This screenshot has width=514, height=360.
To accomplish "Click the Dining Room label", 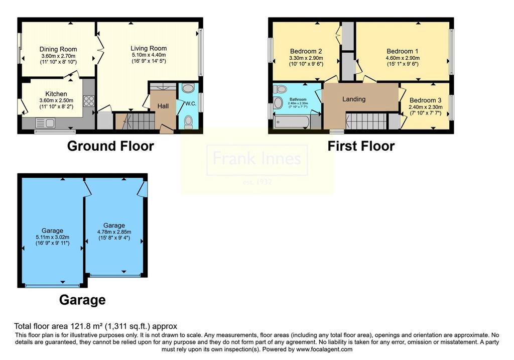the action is tap(58, 49).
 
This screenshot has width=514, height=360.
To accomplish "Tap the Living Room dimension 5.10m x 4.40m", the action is tap(149, 55).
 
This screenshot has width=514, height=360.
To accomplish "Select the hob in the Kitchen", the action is tap(89, 101).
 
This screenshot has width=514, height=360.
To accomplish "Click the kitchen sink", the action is tap(45, 123).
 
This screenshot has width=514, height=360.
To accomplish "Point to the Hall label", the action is tap(163, 106).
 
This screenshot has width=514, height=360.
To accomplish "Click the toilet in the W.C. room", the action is tap(189, 122).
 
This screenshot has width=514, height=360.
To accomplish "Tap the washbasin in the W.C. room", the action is tap(188, 88).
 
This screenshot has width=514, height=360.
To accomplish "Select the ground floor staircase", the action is tap(135, 122).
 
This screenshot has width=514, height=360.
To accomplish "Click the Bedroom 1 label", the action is tap(402, 51).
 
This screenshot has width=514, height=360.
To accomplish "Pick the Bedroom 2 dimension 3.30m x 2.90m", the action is tap(306, 58).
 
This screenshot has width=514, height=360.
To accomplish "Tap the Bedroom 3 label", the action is tap(425, 100).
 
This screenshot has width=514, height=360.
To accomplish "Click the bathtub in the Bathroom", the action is tap(291, 122).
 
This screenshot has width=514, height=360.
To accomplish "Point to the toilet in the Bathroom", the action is tap(280, 89).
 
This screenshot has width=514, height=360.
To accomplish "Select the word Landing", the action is tap(354, 99).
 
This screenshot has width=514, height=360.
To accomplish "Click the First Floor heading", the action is tap(361, 146).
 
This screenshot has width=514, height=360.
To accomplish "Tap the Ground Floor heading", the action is tap(110, 146).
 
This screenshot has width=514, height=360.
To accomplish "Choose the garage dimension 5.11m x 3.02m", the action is tap(52, 237).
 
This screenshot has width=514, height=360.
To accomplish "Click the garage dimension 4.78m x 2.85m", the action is tap(114, 232).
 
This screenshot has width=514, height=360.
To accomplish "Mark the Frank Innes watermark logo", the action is tap(257, 161).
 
